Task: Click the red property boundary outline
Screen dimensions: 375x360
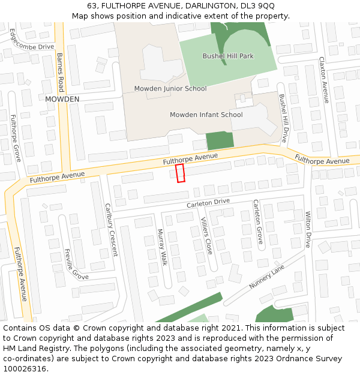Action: click(x=180, y=173)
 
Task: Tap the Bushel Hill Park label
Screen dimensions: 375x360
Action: click(x=228, y=56)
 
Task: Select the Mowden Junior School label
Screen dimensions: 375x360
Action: click(x=170, y=89)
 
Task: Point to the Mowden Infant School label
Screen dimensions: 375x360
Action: click(x=206, y=115)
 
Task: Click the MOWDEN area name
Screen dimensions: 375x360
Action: click(x=62, y=99)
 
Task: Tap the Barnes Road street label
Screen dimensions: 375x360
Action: click(x=60, y=71)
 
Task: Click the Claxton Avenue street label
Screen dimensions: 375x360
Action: click(x=323, y=80)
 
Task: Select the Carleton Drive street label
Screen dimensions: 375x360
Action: click(x=208, y=203)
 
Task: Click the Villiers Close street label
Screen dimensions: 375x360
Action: click(x=206, y=235)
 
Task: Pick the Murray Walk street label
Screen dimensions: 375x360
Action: click(x=161, y=247)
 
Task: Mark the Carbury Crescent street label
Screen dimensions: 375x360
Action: click(x=111, y=230)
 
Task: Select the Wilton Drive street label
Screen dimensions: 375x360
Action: click(x=308, y=229)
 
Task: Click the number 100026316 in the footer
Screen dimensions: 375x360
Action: click(x=25, y=369)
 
